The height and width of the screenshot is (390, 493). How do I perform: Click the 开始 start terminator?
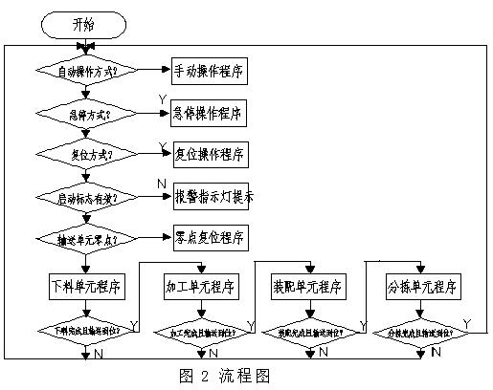(84, 23)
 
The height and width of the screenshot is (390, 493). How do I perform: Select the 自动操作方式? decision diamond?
(85, 70)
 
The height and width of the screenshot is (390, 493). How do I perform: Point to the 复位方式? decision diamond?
(85, 154)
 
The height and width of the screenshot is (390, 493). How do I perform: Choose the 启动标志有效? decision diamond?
(85, 197)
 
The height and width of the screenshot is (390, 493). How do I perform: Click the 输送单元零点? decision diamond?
(85, 238)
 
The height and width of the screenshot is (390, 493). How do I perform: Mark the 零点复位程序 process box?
(208, 237)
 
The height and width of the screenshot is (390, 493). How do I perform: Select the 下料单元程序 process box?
(85, 287)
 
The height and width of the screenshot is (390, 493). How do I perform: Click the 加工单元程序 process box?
(201, 287)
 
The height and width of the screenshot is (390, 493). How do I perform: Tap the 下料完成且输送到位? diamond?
(85, 330)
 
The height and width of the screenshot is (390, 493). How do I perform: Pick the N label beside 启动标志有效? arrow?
(161, 182)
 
